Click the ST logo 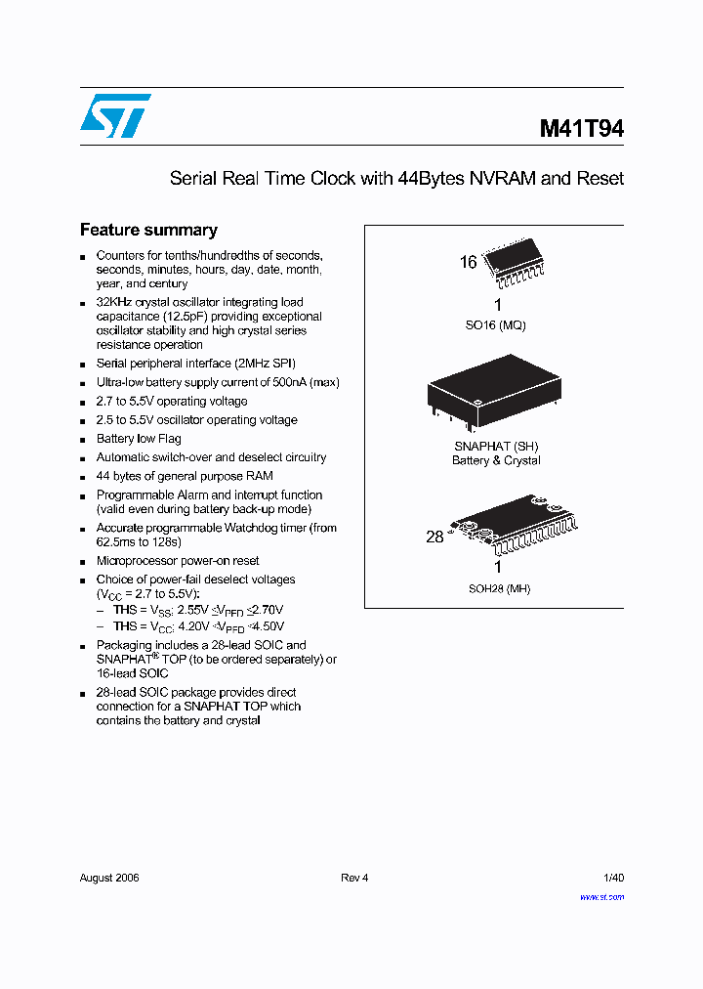pos(115,116)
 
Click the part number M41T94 pos(582,129)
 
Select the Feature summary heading pos(148,231)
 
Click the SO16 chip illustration pos(516,263)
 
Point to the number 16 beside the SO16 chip pos(469,262)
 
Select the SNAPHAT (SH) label pos(496,447)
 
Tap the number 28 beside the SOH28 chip pos(434,537)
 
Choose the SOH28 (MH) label pos(498,588)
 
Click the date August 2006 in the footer pos(109,878)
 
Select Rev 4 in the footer pos(354,878)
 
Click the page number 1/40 pos(614,878)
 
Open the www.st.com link pos(601,895)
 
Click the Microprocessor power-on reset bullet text pos(178,561)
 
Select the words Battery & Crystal pos(496,460)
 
